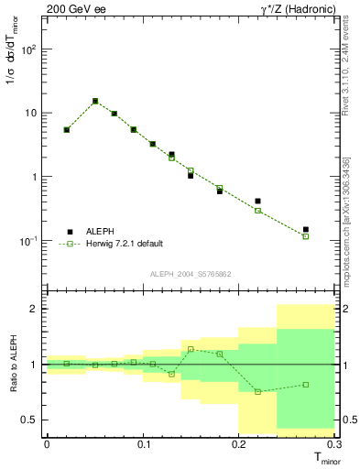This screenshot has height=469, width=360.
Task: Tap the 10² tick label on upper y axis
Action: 27,49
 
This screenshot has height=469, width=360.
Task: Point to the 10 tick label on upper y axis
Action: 28,114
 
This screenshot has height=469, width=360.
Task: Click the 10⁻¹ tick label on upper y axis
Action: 26,241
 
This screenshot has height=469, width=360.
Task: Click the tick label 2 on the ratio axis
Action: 33,310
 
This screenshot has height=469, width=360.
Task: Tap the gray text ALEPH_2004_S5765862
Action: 191,274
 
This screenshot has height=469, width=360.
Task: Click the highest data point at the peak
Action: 95,101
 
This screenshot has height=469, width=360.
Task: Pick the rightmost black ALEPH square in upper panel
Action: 306,229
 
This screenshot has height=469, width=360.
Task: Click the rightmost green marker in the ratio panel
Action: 306,385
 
